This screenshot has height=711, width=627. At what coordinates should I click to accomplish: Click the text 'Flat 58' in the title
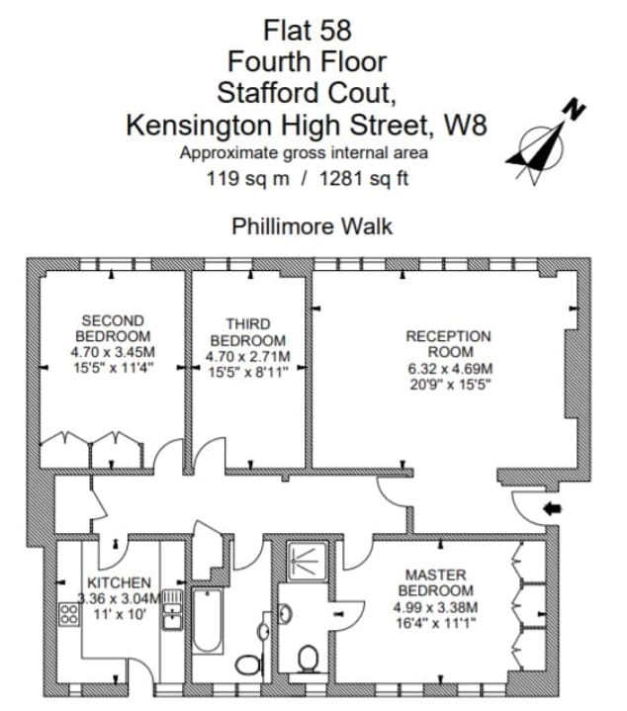click(308, 30)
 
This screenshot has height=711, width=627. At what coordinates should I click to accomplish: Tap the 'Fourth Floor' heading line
click(307, 61)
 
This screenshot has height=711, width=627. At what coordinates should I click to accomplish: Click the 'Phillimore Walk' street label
click(312, 226)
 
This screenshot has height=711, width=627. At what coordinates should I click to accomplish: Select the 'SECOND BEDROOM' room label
click(113, 328)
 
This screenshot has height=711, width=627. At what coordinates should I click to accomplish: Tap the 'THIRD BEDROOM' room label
click(247, 330)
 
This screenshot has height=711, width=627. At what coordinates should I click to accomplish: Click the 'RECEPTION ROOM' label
click(448, 344)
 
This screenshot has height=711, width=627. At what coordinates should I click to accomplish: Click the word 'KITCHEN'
click(119, 582)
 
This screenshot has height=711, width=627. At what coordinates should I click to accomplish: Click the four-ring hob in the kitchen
click(70, 614)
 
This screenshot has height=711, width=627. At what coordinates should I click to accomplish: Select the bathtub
click(208, 620)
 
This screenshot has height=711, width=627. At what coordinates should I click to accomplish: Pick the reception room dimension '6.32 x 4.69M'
click(448, 367)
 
